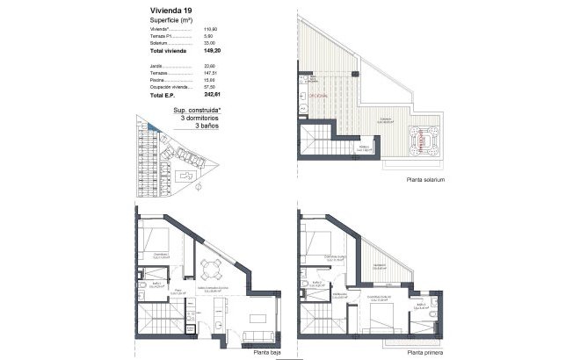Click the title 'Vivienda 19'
(160, 11)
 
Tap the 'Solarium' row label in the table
(158, 44)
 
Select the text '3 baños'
(207, 126)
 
